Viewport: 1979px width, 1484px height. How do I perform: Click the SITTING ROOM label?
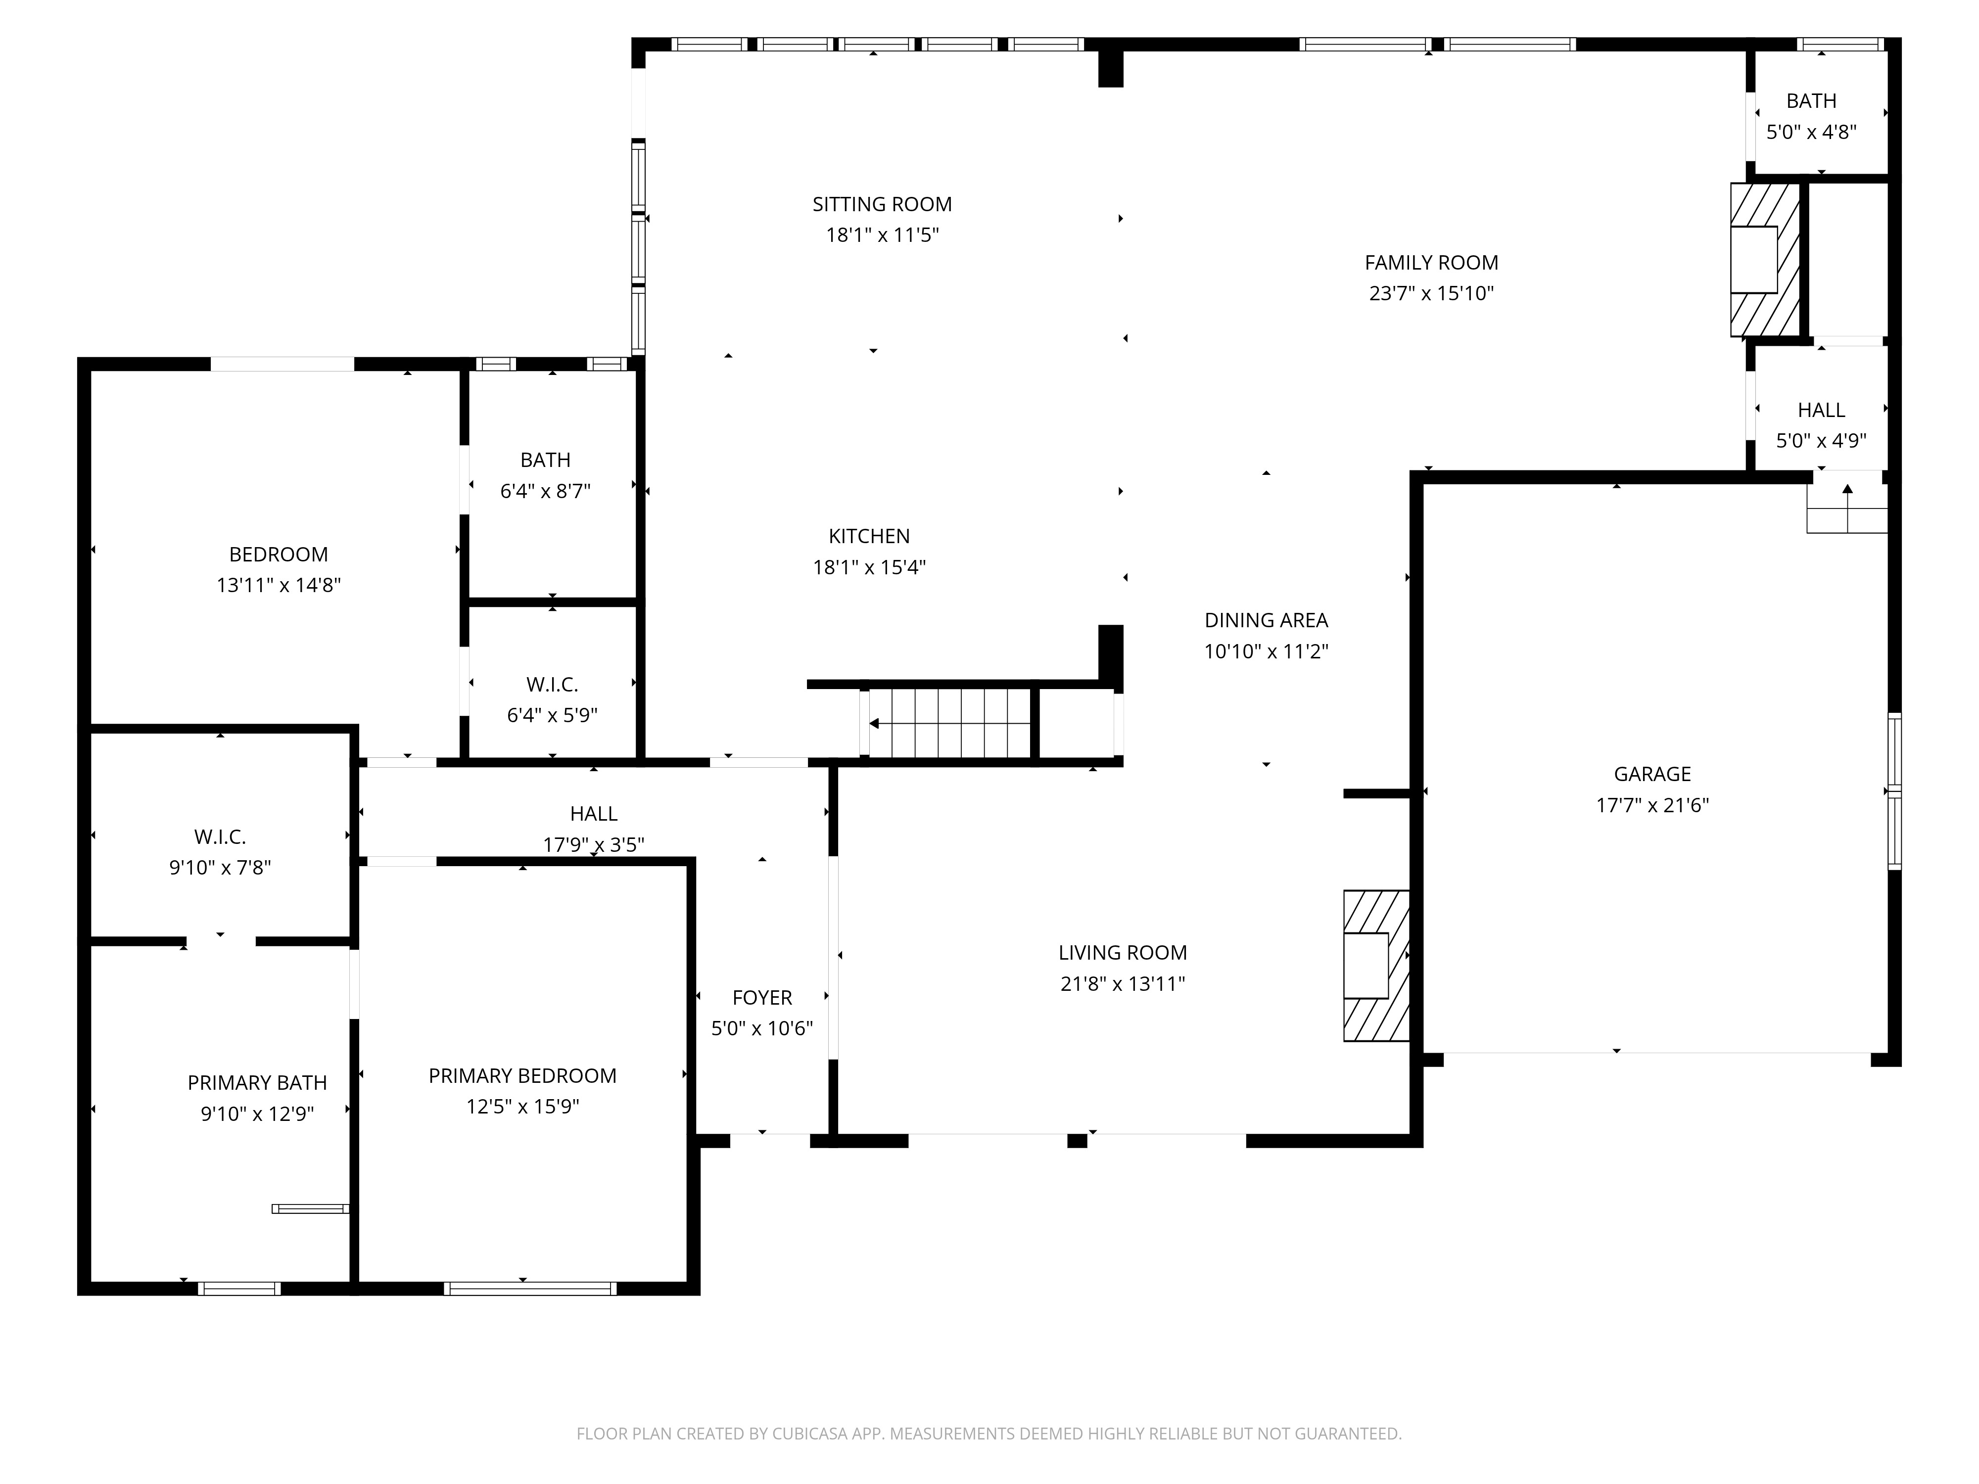pyautogui.click(x=882, y=204)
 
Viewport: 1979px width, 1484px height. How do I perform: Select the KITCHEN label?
pyautogui.click(x=869, y=536)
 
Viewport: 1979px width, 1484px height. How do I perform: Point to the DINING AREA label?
pyautogui.click(x=1266, y=620)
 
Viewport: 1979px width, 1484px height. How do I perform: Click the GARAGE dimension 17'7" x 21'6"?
pyautogui.click(x=1652, y=805)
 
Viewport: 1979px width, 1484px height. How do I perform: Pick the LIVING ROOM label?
pyautogui.click(x=1123, y=953)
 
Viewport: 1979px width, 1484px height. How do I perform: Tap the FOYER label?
pyautogui.click(x=762, y=997)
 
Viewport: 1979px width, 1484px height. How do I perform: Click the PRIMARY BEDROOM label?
pyautogui.click(x=522, y=1075)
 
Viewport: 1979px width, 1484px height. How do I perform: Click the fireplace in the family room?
pyautogui.click(x=1764, y=259)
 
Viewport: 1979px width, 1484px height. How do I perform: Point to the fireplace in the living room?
pyautogui.click(x=1376, y=966)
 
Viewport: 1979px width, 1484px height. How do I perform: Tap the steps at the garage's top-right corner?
pyautogui.click(x=1846, y=508)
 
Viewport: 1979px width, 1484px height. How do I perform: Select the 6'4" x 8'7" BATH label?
pyautogui.click(x=545, y=460)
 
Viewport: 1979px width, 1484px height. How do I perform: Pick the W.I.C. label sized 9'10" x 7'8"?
pyautogui.click(x=220, y=836)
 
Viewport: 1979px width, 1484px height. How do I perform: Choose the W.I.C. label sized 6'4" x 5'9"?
pyautogui.click(x=552, y=684)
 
